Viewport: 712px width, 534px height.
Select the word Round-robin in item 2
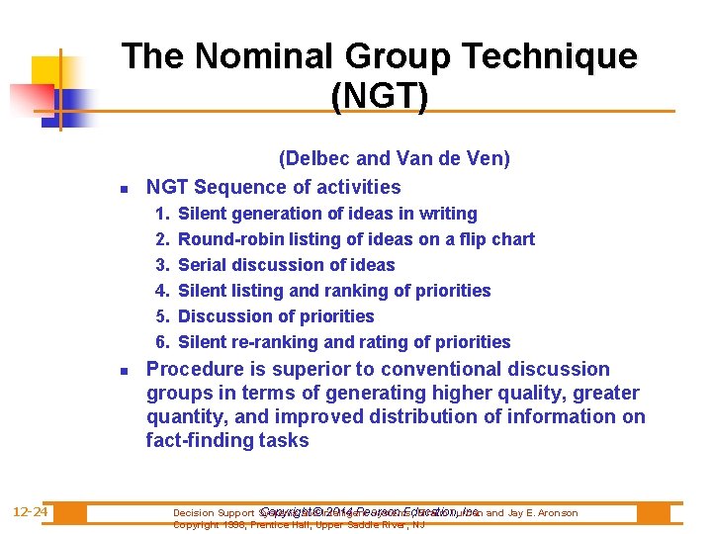(x=226, y=239)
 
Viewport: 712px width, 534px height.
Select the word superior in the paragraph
(x=300, y=370)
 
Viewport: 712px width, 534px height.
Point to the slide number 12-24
(x=32, y=512)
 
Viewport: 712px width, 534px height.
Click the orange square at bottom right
(x=653, y=513)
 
